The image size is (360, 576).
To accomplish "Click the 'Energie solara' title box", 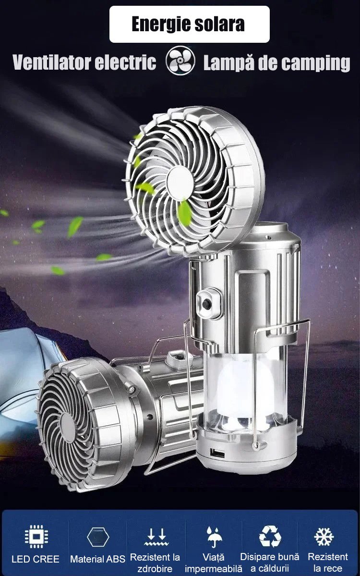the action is click(x=189, y=24).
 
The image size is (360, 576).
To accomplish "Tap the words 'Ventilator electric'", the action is click(x=84, y=62).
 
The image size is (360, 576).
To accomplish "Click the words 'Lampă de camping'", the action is click(x=276, y=63).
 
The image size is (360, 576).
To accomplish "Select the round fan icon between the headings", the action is click(x=180, y=61).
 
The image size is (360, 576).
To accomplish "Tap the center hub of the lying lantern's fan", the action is click(x=68, y=428).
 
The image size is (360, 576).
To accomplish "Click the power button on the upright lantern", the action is click(x=207, y=304).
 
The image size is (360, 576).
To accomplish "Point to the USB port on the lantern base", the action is click(x=217, y=453).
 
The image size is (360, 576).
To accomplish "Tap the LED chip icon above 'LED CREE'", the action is click(x=36, y=537).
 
